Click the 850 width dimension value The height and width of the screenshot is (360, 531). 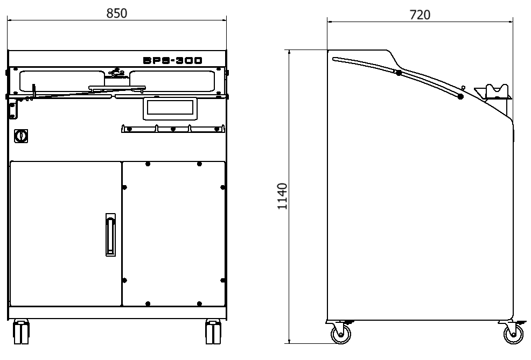[x=117, y=13]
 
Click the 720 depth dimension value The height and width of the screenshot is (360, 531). [x=420, y=15]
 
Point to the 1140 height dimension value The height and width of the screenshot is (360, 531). [x=282, y=196]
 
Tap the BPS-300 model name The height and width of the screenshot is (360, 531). [x=173, y=61]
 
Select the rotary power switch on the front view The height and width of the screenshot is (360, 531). [x=21, y=136]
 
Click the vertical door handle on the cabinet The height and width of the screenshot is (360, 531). [x=110, y=235]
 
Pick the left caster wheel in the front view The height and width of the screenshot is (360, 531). [x=21, y=332]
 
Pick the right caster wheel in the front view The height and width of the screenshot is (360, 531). [x=213, y=332]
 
